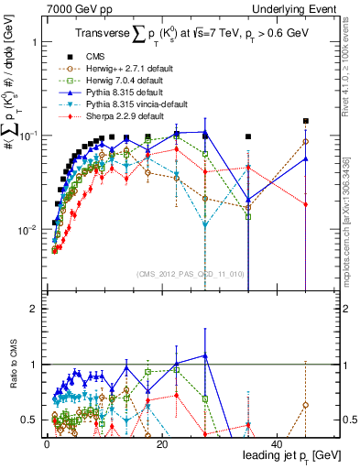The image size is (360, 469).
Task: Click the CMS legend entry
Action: tap(90, 57)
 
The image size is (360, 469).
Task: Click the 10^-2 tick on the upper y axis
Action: tap(26, 229)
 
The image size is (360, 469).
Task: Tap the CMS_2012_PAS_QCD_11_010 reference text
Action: tap(190, 274)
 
